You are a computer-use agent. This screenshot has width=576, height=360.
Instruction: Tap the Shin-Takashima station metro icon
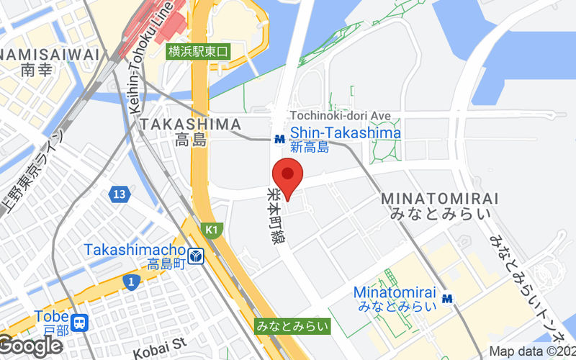pos(279,139)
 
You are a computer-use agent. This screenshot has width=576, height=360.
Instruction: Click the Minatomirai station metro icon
pos(448,298)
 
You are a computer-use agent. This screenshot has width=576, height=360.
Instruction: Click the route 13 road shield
pos(120,194)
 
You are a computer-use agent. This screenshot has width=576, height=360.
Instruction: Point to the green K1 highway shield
pos(211,230)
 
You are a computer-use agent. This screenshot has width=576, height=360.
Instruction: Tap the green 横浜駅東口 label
pos(199,51)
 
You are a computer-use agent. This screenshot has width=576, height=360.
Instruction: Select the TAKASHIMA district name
pos(190,124)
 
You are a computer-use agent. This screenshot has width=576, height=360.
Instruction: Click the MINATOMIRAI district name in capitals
pos(439,198)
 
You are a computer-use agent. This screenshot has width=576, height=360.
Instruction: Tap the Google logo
pos(30,346)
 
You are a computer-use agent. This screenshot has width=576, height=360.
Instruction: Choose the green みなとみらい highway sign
pos(292,326)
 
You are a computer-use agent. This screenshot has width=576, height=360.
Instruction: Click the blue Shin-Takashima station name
pos(345,133)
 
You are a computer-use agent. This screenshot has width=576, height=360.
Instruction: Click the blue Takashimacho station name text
pos(135,250)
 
